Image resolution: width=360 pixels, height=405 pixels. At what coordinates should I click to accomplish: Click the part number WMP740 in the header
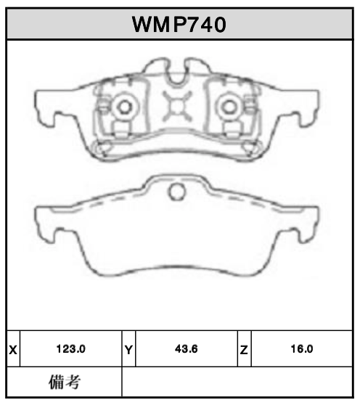[179, 24]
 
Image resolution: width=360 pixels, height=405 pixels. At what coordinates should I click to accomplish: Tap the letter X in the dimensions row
[12, 349]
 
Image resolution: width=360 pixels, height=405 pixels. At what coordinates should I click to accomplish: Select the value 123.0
[71, 349]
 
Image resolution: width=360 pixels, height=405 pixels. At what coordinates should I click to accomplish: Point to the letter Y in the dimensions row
[128, 349]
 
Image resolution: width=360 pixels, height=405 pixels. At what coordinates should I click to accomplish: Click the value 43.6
[187, 349]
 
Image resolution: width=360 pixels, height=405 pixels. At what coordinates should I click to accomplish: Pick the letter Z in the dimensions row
[244, 349]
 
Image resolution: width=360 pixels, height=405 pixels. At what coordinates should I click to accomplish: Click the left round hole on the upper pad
[124, 107]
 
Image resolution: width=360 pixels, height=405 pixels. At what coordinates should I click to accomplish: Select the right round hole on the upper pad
[230, 107]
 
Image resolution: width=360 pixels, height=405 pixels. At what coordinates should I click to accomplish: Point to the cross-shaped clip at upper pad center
[177, 107]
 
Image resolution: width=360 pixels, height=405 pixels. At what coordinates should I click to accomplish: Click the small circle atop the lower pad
[177, 192]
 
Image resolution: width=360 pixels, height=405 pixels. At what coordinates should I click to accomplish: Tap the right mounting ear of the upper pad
[308, 106]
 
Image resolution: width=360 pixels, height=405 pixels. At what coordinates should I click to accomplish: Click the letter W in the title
[142, 24]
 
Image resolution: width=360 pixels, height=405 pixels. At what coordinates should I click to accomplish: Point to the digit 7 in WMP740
[191, 24]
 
